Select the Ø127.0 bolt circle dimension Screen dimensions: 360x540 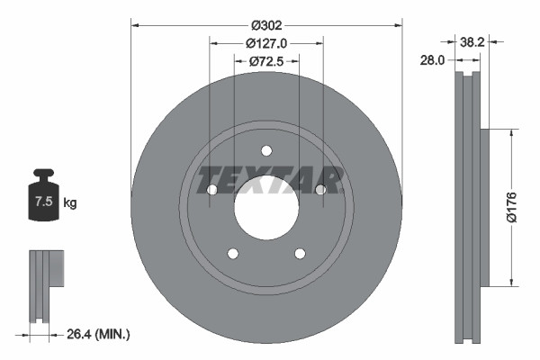(265, 42)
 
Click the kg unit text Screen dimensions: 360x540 (70, 203)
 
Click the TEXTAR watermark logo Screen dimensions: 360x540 (266, 180)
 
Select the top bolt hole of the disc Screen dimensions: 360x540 (265, 150)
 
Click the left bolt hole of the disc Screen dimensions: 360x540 (211, 189)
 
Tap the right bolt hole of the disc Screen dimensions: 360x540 (319, 189)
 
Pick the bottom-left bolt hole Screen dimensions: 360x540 (232, 253)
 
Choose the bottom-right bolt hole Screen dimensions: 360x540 (299, 253)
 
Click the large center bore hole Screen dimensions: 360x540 (265, 208)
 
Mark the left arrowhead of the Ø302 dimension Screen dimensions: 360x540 (134, 24)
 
